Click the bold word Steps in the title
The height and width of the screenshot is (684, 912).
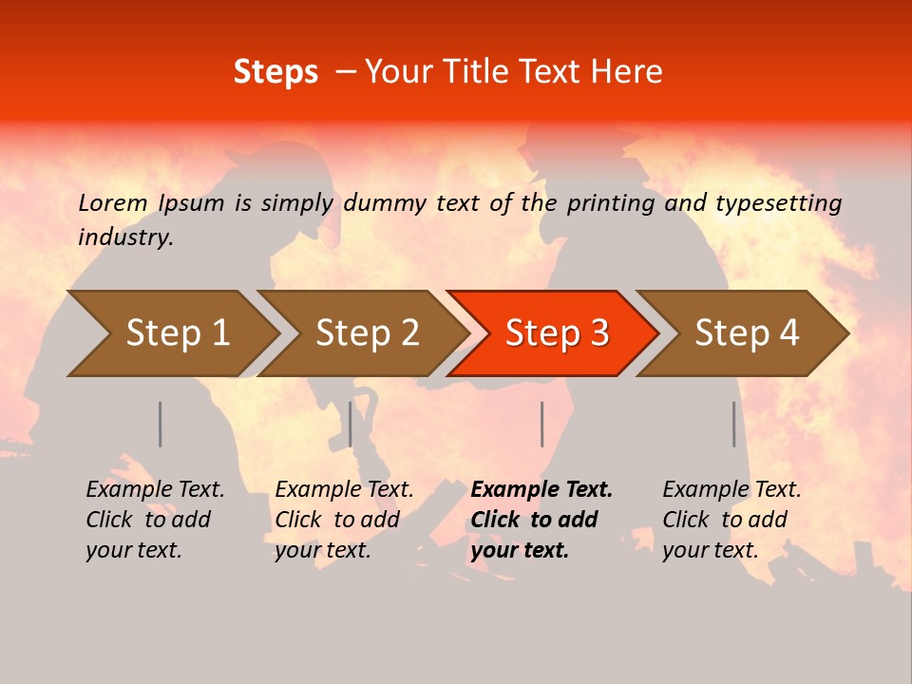pos(275,72)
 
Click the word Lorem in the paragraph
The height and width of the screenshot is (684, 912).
pos(113,202)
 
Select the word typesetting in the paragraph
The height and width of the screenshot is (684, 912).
pos(778,202)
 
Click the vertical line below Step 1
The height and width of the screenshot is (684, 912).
pos(161,424)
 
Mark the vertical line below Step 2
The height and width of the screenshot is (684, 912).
pos(351,424)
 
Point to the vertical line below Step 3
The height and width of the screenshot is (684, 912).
pos(541,424)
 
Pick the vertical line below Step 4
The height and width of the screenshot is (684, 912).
pos(734,424)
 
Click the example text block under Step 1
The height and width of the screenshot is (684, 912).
pos(155,520)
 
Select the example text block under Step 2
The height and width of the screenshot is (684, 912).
pos(344,520)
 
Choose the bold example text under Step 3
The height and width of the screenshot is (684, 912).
pos(541,520)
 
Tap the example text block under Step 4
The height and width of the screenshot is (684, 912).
pos(731,520)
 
